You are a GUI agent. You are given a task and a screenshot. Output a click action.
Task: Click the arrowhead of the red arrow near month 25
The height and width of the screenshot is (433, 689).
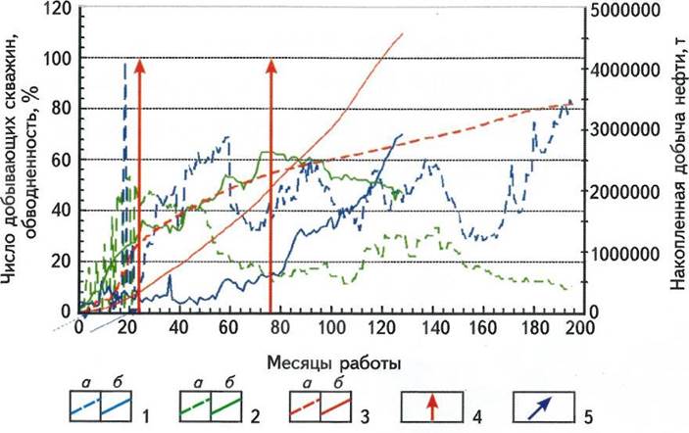coord(139,65)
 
